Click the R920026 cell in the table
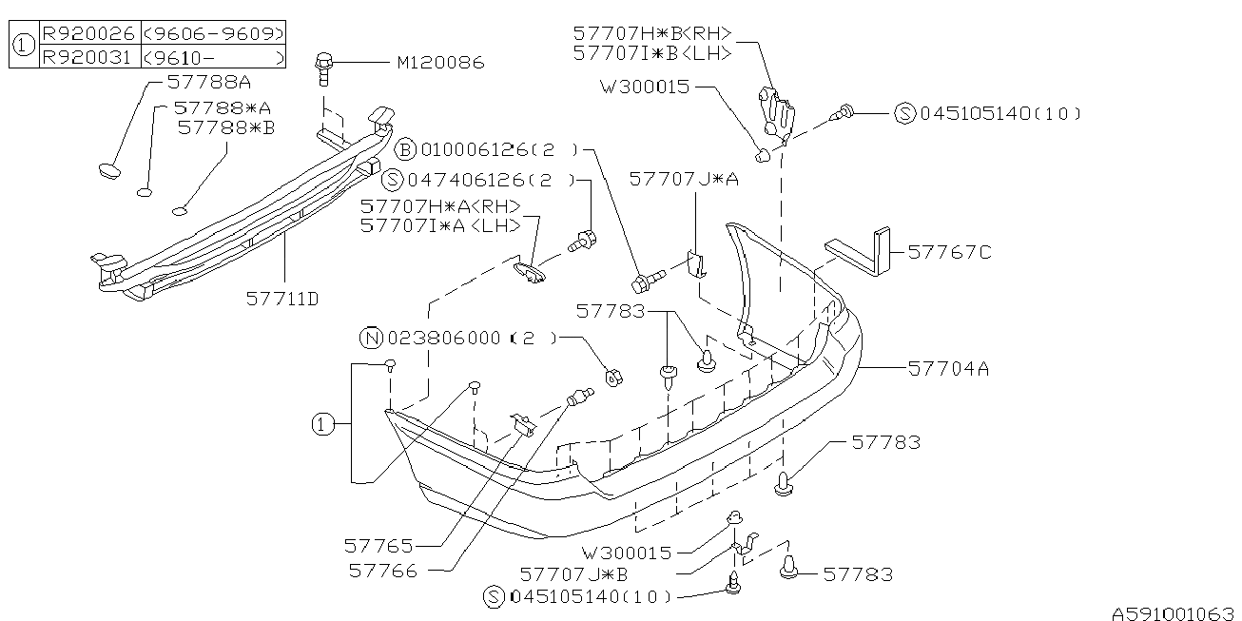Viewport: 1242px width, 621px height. tap(88, 33)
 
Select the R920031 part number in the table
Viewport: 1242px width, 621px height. tap(88, 56)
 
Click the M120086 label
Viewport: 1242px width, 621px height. tap(440, 63)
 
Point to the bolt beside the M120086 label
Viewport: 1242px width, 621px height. tap(323, 67)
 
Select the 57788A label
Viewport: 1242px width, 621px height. tap(210, 82)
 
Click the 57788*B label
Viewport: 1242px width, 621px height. tap(225, 126)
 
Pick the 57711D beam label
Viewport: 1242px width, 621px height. tap(282, 299)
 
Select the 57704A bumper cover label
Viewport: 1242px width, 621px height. tap(948, 366)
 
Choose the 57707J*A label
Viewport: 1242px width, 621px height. tap(683, 178)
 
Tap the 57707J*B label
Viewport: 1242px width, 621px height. tap(573, 574)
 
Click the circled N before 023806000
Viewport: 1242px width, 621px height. tap(370, 337)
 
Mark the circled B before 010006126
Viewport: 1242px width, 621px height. tap(406, 149)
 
